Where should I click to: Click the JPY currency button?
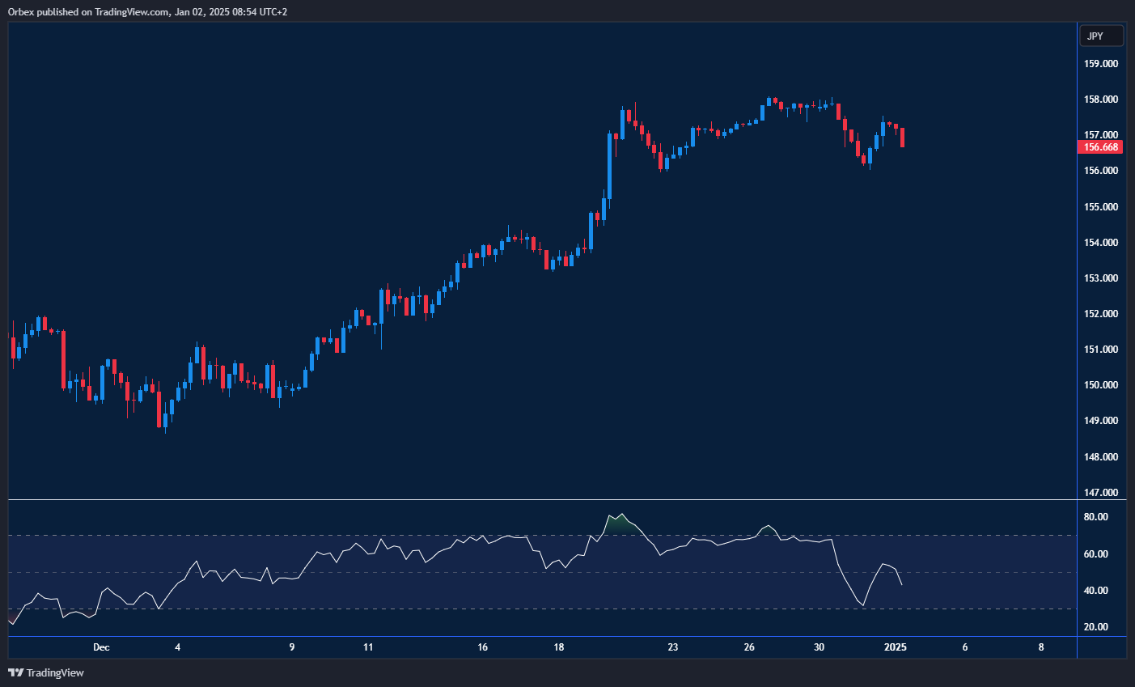coord(1101,36)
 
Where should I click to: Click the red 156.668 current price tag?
coord(1100,147)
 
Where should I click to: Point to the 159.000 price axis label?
coord(1101,64)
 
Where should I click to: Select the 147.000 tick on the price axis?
coord(1101,492)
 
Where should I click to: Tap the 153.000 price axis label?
coord(1101,278)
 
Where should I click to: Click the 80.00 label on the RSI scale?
coord(1096,517)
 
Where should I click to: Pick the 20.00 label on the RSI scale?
coord(1096,627)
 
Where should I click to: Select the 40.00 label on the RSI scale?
coord(1096,591)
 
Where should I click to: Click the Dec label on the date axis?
coord(101,647)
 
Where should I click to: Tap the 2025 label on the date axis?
coord(896,647)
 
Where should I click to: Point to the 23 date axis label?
coord(673,647)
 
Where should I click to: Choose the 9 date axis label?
coord(292,647)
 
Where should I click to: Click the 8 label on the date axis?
coord(1041,647)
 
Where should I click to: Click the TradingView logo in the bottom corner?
coord(46,672)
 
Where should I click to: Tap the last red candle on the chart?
coord(902,137)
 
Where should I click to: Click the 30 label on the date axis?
coord(819,647)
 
